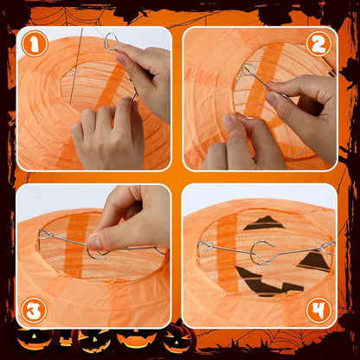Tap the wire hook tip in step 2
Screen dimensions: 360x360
247,68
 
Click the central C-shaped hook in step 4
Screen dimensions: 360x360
258,254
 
